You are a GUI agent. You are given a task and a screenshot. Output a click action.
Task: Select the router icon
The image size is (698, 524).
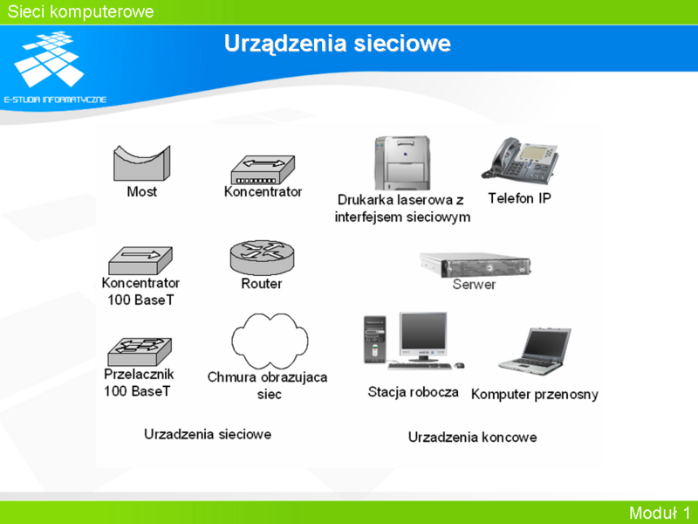(263, 258)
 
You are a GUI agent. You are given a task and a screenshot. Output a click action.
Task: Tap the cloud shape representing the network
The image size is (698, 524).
(270, 341)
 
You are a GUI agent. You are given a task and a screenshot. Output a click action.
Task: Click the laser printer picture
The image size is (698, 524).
(402, 163)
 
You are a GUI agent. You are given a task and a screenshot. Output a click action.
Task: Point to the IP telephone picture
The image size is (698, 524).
(520, 161)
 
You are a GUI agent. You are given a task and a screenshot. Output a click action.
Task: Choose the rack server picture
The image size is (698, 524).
(475, 265)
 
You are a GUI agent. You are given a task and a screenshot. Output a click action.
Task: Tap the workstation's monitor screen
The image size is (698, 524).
(423, 332)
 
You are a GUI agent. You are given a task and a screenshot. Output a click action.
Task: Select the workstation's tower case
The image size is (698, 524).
(375, 340)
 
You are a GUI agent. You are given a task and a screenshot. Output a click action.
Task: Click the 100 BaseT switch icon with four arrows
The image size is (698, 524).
(140, 352)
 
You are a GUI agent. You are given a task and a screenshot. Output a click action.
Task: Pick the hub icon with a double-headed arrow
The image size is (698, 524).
(263, 169)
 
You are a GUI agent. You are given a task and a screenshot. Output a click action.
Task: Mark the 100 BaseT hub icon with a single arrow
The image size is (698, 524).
(140, 260)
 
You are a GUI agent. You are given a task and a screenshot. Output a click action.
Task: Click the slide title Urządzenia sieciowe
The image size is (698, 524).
(338, 44)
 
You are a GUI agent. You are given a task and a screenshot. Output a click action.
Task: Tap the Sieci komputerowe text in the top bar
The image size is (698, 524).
(80, 11)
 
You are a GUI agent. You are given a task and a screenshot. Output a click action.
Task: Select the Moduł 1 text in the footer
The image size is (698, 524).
(660, 513)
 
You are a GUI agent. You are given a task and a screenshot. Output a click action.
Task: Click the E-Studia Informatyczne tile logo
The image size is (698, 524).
(49, 59)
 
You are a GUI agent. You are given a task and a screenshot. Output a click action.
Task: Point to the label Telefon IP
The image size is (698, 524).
(519, 198)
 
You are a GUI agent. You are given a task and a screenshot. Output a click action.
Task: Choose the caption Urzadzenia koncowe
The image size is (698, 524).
(472, 438)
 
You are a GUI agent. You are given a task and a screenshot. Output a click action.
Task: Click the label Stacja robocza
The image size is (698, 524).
(413, 392)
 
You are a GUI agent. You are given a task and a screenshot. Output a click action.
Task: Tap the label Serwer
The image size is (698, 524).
(474, 285)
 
